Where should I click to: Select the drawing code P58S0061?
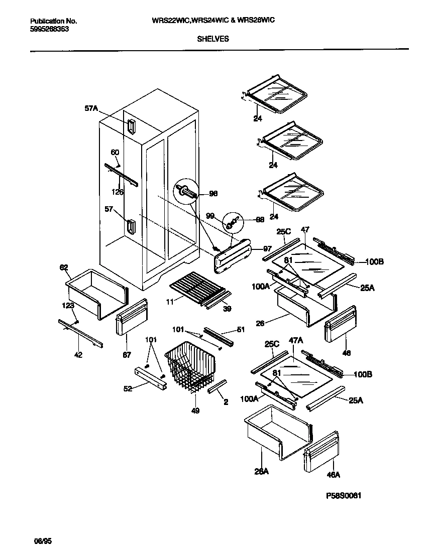[344, 495]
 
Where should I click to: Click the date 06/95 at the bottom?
[43, 541]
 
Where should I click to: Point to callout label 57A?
[91, 107]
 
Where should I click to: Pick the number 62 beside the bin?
[64, 267]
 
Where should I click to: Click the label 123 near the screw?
[68, 306]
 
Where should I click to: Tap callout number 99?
[210, 215]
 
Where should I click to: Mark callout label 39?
[227, 310]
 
